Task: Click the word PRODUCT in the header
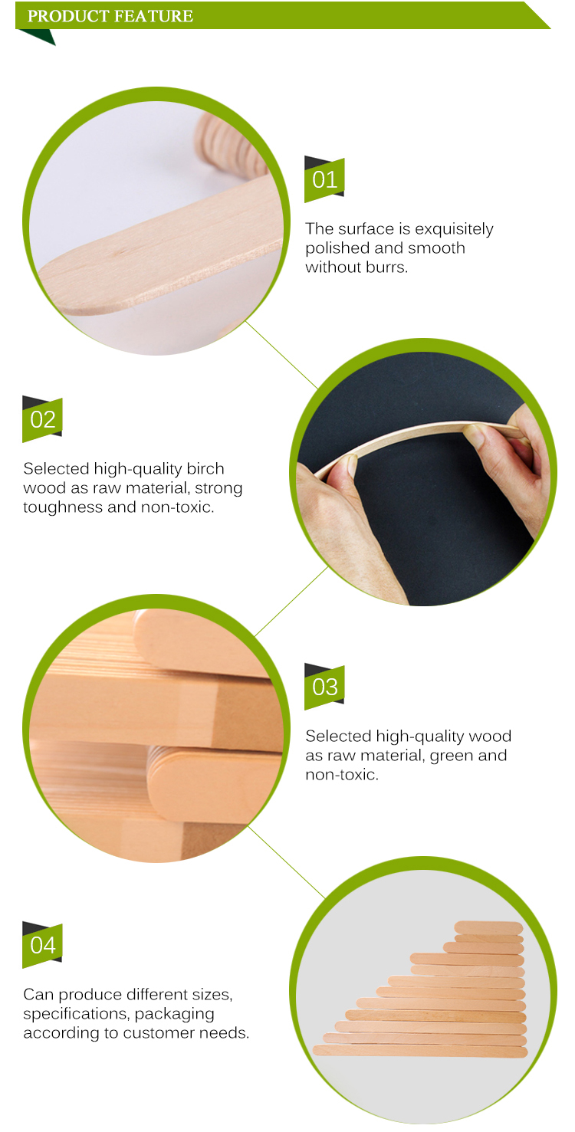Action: [x=64, y=16]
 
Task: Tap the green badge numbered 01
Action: [x=324, y=179]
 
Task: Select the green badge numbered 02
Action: [x=42, y=419]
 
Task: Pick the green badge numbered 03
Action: [x=324, y=687]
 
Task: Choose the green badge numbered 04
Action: [x=42, y=945]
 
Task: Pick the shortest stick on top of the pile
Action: [x=488, y=927]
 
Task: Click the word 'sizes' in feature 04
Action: [x=209, y=994]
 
